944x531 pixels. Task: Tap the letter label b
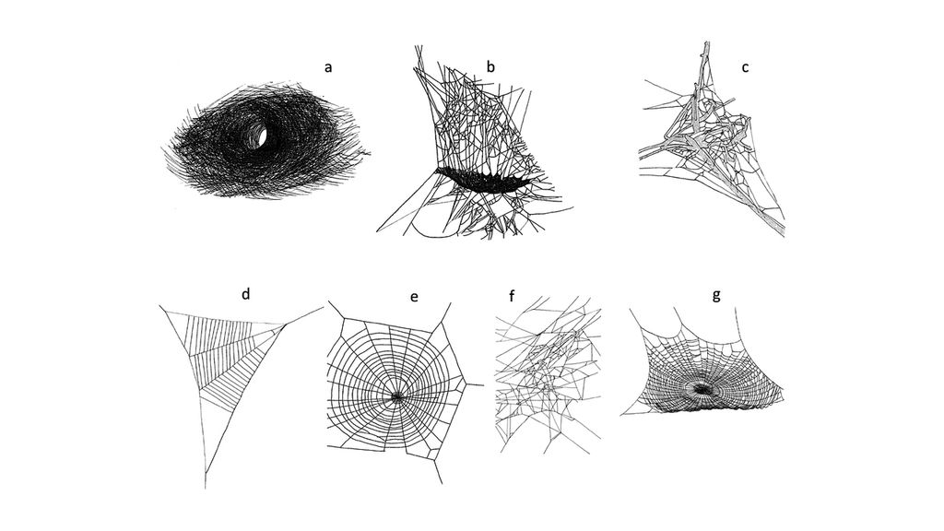[490, 66]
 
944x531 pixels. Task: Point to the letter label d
[245, 294]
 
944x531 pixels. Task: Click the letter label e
[414, 296]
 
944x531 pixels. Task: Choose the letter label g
[716, 294]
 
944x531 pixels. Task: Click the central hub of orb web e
[397, 396]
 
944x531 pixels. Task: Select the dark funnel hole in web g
[704, 389]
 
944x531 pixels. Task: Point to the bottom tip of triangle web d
[205, 486]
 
